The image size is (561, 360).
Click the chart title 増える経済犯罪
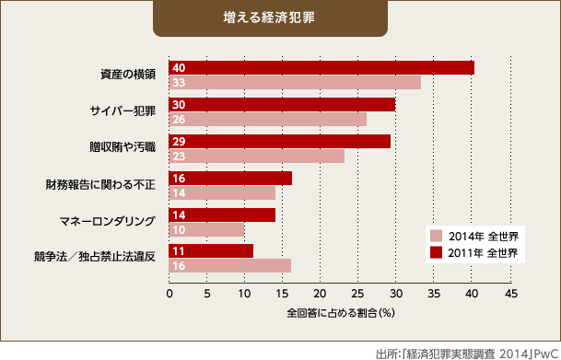pos(280,17)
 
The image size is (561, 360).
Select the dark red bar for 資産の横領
pos(321,67)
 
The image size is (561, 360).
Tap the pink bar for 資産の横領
pos(295,83)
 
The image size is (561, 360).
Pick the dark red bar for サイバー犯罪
pos(282,104)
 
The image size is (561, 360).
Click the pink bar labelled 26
pos(268,119)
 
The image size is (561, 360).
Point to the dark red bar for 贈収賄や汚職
pos(279,141)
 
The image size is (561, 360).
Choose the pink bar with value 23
pos(256,156)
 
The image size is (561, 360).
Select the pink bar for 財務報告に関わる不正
pos(222,192)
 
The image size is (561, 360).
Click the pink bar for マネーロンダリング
pos(207,229)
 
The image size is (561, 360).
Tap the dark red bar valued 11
pos(211,250)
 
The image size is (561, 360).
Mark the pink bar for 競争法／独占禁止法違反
pos(229,266)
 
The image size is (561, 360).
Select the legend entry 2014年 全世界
pos(474,236)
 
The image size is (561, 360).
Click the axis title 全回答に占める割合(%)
pos(340,313)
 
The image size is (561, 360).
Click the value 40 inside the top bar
pos(180,68)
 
